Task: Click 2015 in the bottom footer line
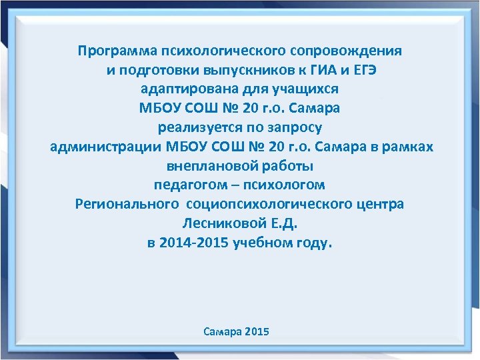click(257, 331)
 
